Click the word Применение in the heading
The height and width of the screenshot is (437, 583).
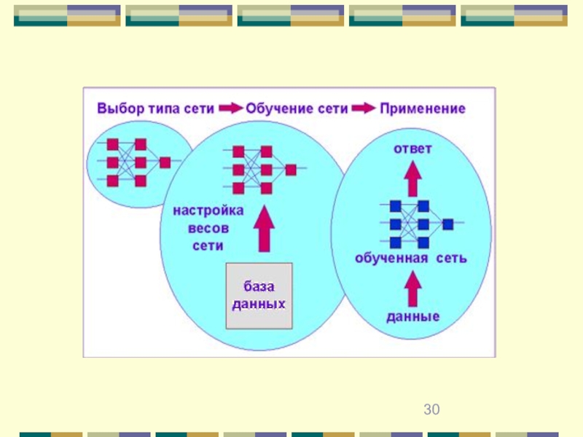click(423, 109)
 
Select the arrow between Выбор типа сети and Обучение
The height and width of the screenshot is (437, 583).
click(230, 108)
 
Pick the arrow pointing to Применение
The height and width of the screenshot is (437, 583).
click(363, 108)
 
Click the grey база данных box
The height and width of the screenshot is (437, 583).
click(259, 296)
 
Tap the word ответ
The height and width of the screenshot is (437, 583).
click(412, 149)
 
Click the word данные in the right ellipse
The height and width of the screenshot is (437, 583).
click(412, 317)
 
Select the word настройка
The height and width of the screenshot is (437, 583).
click(208, 210)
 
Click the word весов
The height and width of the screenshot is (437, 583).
click(208, 228)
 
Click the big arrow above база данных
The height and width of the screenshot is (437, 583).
click(265, 229)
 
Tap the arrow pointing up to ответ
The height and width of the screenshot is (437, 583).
click(412, 178)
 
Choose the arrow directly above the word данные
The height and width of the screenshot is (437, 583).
click(412, 288)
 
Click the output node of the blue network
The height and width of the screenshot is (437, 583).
click(448, 224)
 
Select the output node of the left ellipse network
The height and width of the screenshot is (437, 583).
click(165, 162)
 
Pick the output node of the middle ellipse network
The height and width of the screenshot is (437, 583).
click(291, 170)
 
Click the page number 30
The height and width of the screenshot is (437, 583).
click(431, 409)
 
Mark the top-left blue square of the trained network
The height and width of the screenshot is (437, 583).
click(396, 206)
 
